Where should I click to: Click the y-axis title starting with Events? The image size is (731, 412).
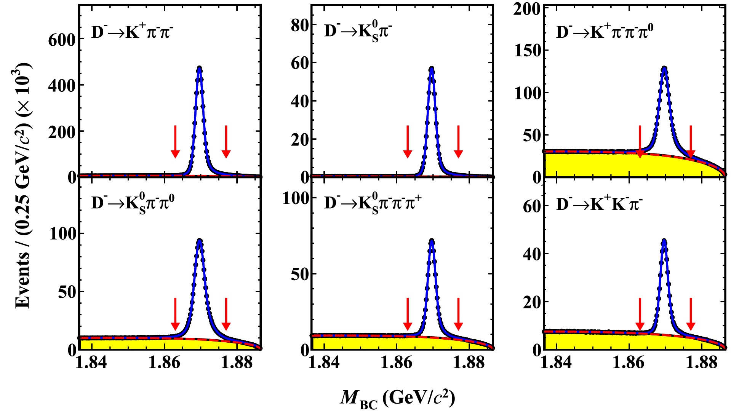(23, 187)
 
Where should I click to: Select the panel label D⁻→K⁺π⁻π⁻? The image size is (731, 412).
(132, 32)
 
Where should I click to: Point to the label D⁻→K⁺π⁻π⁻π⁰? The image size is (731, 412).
(604, 32)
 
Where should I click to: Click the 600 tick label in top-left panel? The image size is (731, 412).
(62, 40)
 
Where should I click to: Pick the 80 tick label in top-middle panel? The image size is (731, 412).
(299, 26)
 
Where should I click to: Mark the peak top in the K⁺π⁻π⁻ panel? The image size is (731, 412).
(199, 69)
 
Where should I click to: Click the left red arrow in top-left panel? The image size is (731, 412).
(175, 142)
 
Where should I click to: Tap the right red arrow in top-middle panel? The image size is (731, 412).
(458, 142)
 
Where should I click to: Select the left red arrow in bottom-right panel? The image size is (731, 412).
(640, 314)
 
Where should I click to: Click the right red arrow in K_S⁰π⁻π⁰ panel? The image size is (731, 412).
(226, 314)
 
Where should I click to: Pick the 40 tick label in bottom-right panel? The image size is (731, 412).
(532, 254)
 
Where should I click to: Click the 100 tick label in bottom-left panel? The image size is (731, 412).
(63, 233)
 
